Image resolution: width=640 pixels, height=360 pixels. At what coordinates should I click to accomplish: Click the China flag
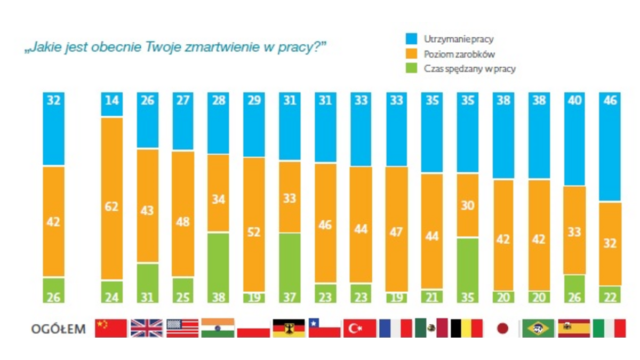point(111,328)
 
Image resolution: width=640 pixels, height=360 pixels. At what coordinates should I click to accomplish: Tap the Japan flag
point(502,328)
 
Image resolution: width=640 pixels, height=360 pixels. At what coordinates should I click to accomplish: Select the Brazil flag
point(538,328)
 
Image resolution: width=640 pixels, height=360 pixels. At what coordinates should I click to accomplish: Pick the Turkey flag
point(360,328)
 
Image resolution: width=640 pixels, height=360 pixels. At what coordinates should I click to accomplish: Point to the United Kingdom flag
point(147,328)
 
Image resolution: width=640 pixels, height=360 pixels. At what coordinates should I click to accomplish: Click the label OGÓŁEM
point(58,329)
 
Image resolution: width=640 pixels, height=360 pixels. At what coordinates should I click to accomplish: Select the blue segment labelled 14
point(112,103)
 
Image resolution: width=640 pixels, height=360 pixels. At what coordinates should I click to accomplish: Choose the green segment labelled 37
point(289,268)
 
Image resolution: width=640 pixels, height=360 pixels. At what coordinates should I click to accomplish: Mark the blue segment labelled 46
point(610,147)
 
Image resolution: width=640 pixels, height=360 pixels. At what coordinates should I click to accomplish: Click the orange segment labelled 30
point(467,205)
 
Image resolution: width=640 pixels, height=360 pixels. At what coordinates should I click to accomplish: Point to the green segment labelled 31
point(147,283)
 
